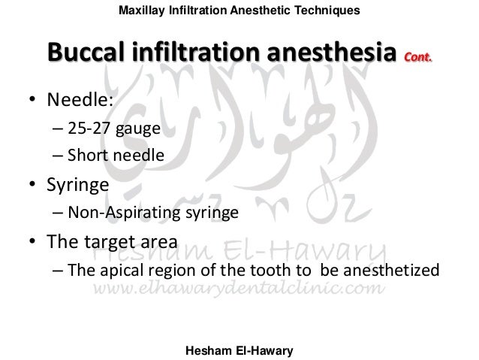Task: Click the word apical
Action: (120, 271)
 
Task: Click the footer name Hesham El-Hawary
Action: (238, 348)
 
